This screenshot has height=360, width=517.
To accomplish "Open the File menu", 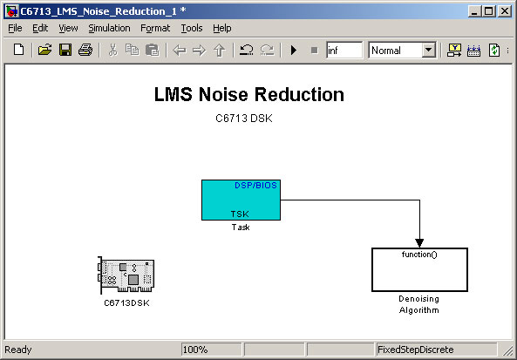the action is click(15, 29).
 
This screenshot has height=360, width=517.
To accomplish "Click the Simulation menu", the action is click(109, 29).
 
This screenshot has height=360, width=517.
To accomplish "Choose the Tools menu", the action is click(192, 29).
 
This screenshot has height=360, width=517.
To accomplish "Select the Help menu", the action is click(222, 29).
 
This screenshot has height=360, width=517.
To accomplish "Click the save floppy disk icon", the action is click(65, 50).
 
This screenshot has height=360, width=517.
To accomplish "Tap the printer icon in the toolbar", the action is click(85, 50).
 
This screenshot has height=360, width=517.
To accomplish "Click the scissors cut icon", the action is click(112, 50).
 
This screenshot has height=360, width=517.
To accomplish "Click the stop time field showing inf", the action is click(344, 50).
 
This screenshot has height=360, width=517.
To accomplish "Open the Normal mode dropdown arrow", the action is click(428, 50).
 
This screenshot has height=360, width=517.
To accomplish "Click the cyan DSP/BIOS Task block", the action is click(241, 200).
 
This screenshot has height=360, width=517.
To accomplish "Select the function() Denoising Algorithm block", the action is click(419, 269).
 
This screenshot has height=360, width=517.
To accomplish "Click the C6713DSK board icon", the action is click(126, 275).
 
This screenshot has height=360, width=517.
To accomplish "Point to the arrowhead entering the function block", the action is click(419, 243).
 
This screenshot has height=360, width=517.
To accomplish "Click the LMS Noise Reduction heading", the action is click(249, 94).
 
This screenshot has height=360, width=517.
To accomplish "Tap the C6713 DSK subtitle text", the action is click(244, 119).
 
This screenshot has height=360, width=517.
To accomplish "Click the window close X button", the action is click(505, 11).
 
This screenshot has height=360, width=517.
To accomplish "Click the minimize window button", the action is click(474, 11).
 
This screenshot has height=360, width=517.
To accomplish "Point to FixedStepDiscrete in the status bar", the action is click(416, 350).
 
